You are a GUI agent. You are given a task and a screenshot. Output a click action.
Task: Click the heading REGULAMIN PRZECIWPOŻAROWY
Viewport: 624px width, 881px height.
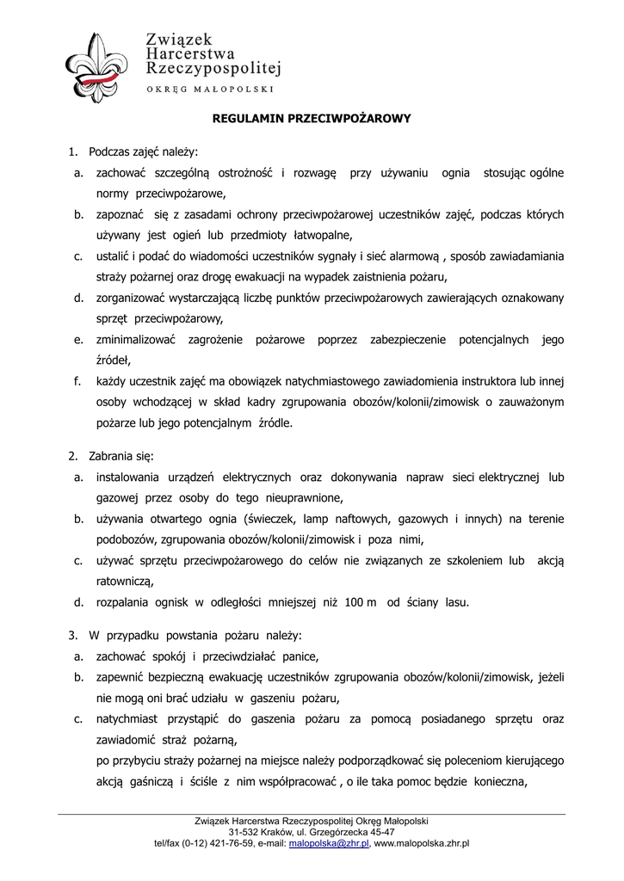(x=312, y=120)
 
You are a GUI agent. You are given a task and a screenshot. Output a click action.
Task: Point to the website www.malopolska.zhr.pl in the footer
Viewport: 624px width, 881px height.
(x=422, y=844)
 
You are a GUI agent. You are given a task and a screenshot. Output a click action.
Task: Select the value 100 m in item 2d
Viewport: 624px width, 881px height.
(x=361, y=602)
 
